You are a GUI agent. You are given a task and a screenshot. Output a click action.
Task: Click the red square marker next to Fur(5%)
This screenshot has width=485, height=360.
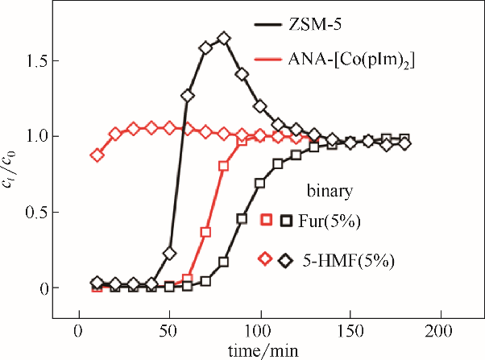pyautogui.click(x=268, y=218)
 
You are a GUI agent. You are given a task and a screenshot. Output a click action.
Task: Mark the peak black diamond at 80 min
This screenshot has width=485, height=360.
pyautogui.click(x=224, y=38)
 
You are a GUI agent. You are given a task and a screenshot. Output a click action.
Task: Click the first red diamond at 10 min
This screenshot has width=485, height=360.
pyautogui.click(x=97, y=155)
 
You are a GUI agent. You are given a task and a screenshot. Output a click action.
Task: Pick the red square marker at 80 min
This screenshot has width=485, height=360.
pyautogui.click(x=224, y=166)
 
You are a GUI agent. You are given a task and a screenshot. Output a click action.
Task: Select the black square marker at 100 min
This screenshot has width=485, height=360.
pyautogui.click(x=259, y=183)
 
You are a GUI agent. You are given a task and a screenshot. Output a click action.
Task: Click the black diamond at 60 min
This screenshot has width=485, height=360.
pyautogui.click(x=188, y=96)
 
